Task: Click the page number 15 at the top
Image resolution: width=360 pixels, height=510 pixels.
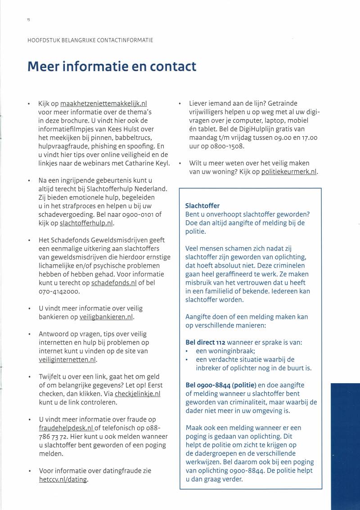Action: pyautogui.click(x=28, y=20)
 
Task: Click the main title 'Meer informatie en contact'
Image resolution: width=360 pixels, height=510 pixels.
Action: pyautogui.click(x=112, y=66)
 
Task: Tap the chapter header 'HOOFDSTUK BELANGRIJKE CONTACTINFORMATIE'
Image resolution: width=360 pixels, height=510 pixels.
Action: pyautogui.click(x=90, y=40)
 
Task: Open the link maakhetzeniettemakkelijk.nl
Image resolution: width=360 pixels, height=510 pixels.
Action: pyautogui.click(x=103, y=103)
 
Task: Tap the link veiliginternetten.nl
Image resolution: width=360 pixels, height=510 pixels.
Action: pyautogui.click(x=67, y=359)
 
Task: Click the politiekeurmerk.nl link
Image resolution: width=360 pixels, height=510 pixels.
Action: pyautogui.click(x=289, y=172)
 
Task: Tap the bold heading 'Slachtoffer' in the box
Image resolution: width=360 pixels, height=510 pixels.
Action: pyautogui.click(x=202, y=206)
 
